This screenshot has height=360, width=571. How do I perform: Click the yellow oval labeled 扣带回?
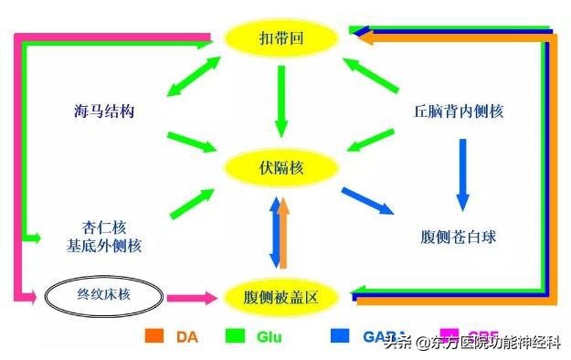[282, 37]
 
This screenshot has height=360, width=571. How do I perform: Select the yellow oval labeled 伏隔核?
[282, 168]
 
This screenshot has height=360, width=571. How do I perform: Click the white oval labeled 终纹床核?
[103, 295]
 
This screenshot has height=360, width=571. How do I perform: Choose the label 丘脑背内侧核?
[458, 111]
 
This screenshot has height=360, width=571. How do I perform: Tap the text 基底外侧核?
[103, 247]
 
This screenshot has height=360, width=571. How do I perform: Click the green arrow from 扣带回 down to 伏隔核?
[281, 101]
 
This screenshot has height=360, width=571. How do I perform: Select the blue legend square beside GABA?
[339, 335]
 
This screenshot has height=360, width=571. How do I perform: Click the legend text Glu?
[270, 336]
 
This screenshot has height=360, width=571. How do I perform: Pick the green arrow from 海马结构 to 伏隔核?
[193, 141]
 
